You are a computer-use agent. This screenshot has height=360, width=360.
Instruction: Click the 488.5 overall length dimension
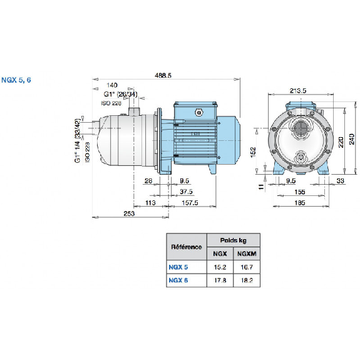163,75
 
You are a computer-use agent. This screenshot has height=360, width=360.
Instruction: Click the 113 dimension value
151,203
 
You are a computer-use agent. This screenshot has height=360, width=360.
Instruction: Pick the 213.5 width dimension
298,91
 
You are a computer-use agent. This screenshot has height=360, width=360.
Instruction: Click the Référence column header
186,247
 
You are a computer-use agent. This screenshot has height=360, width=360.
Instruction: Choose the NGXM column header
247,254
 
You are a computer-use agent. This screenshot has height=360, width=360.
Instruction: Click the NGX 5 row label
178,267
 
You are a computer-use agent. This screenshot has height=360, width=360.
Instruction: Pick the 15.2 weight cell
219,267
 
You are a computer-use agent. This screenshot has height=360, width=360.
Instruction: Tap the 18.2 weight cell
247,280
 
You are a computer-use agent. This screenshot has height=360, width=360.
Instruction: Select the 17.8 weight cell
219,280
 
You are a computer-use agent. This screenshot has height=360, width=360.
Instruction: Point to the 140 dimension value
112,85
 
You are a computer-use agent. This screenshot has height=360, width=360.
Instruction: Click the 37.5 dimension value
185,192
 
